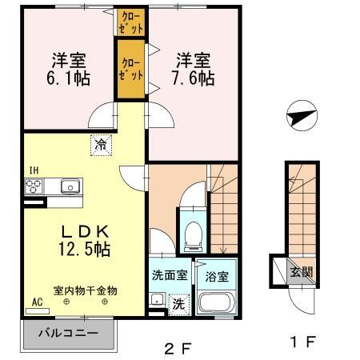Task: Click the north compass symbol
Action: pos(302,115)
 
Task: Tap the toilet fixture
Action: pos(194,237)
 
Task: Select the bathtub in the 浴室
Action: pos(215,302)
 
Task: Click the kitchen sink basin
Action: pos(70,186)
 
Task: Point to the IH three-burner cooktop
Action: pos(34,186)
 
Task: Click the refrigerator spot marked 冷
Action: pos(101,145)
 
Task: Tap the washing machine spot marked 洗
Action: pos(179,304)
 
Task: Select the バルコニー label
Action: pos(69,334)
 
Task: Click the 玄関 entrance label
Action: pos(302,272)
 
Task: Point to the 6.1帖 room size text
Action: pos(69,78)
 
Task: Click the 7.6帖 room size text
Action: pos(194,78)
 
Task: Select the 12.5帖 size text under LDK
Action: pos(85,249)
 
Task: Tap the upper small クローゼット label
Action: pos(130,22)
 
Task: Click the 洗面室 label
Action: pos(170,275)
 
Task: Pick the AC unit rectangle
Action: pos(38,311)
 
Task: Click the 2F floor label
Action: pos(178,349)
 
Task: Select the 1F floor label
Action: pos(303,342)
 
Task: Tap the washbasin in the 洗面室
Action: pos(157,299)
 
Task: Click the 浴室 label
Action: pos(217,277)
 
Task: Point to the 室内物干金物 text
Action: pos(86,290)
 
